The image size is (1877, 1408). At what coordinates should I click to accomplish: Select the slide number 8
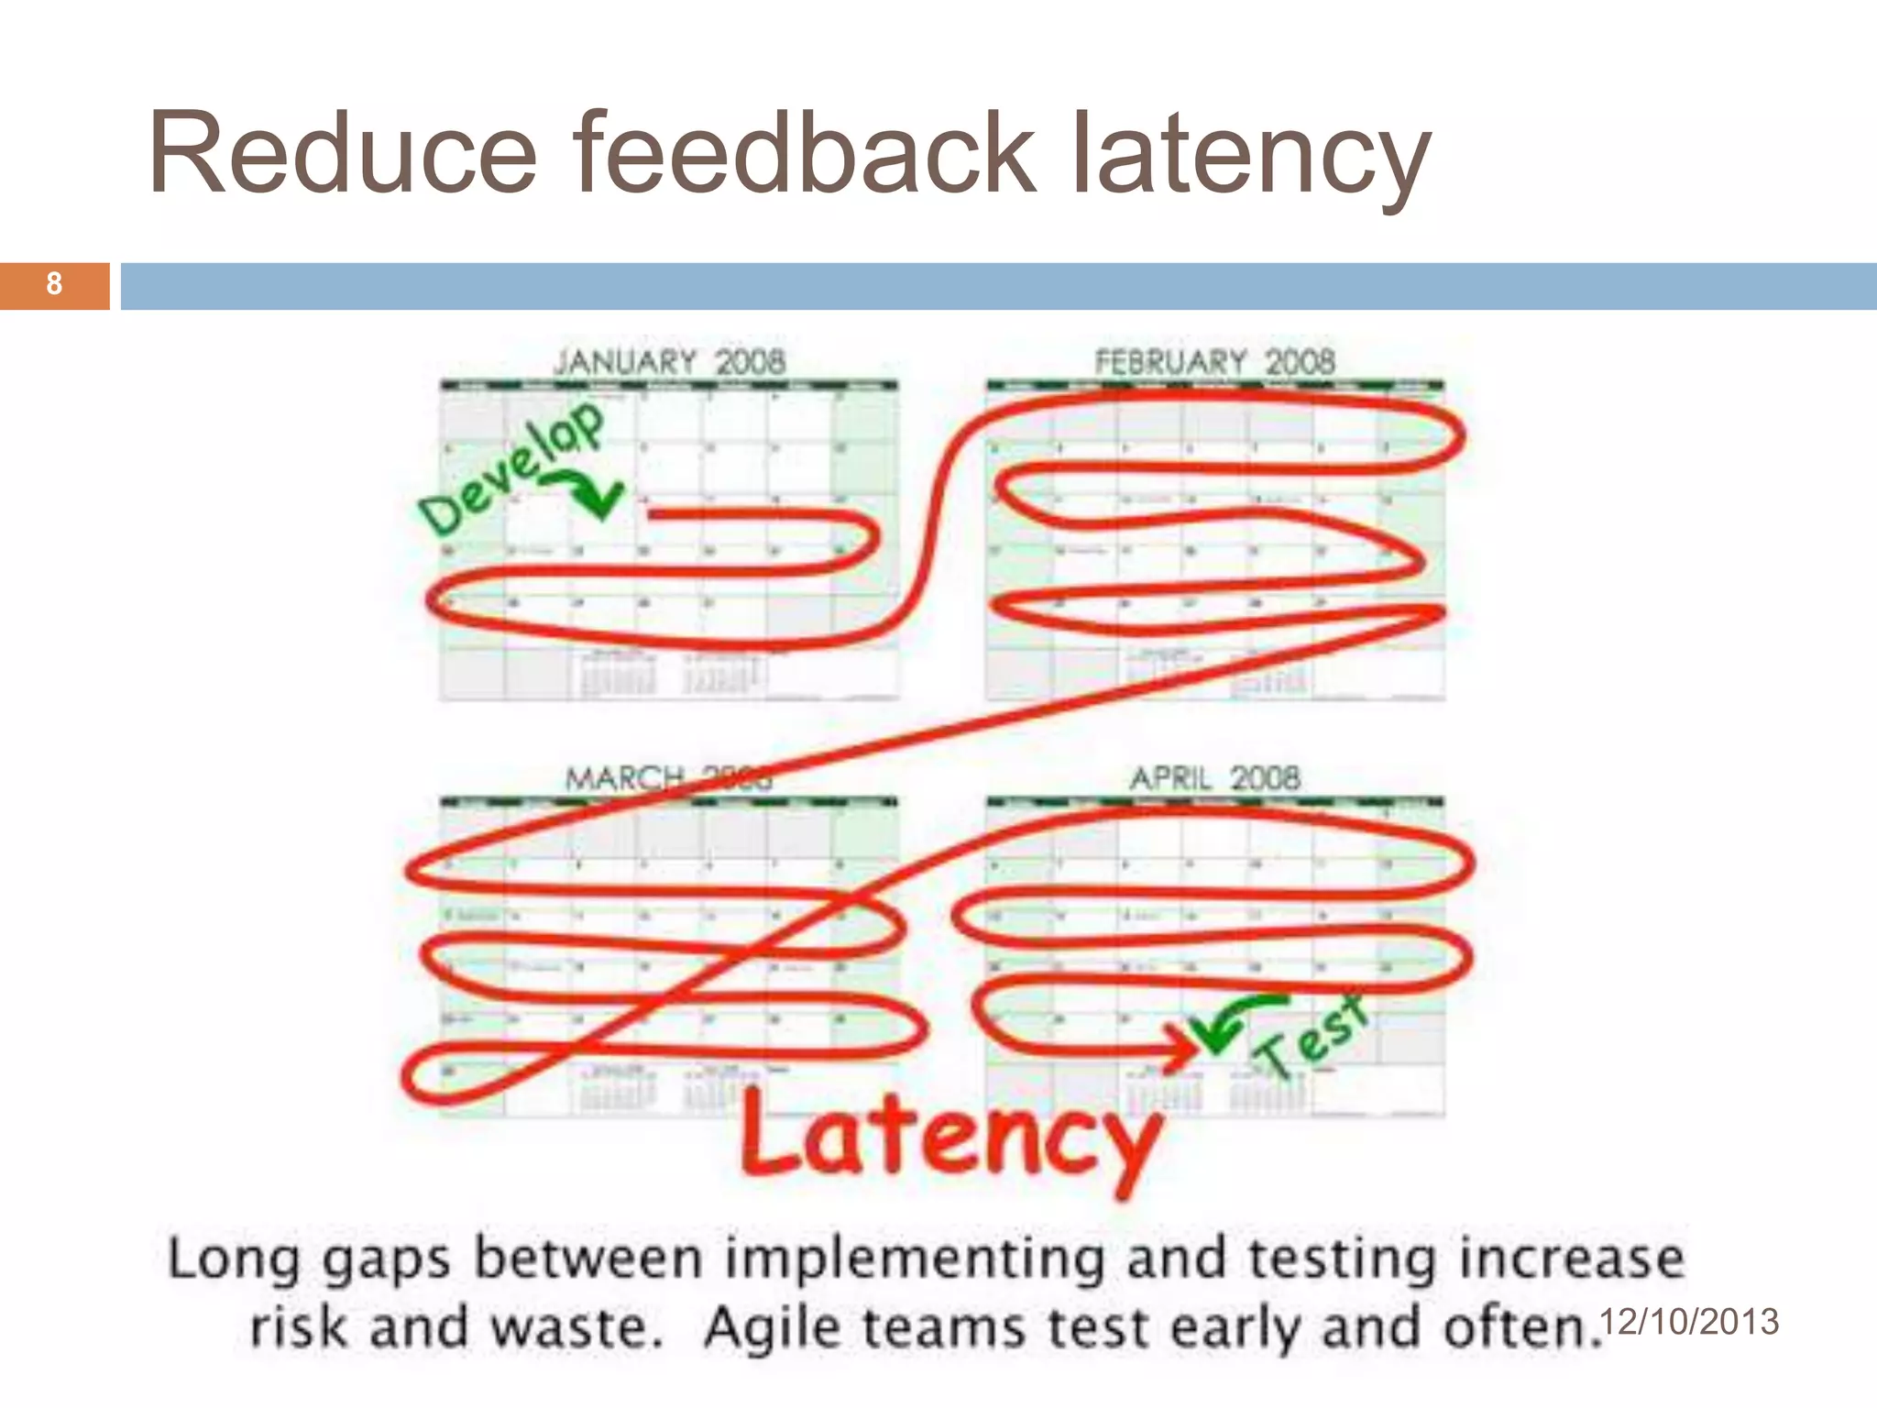[x=54, y=284]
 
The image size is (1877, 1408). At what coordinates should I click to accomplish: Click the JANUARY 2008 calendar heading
[x=669, y=362]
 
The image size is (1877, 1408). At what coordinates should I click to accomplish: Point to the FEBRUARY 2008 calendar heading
[x=1214, y=362]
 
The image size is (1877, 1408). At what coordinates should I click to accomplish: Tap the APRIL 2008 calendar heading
[x=1214, y=779]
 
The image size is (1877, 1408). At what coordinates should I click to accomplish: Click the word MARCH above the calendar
[x=624, y=779]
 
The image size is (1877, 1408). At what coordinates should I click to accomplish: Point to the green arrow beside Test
[x=1233, y=1022]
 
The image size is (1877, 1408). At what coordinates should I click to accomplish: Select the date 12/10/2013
[x=1688, y=1322]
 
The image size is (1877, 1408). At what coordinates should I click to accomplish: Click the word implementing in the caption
[x=915, y=1259]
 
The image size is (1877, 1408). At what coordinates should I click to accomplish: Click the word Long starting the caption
[x=234, y=1259]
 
